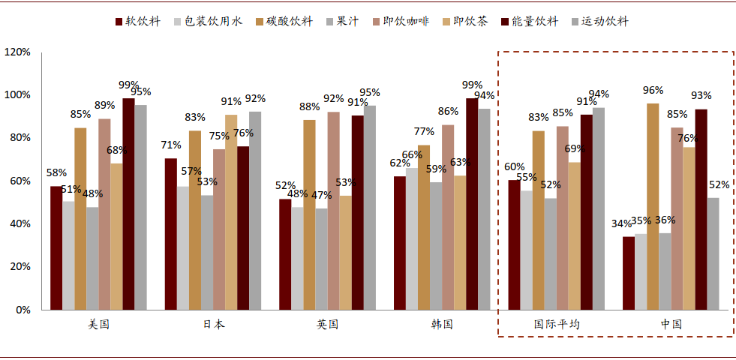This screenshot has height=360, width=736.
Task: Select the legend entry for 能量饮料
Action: (530, 21)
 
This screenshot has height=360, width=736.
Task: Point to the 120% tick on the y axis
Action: (17, 52)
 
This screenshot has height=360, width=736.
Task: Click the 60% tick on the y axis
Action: (20, 181)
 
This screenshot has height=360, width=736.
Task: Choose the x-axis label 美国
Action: (98, 325)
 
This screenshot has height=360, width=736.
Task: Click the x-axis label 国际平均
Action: (556, 325)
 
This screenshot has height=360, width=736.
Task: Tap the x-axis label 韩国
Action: (441, 325)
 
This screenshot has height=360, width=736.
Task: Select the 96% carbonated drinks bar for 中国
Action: (653, 206)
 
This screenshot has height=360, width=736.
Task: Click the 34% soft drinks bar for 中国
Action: (629, 273)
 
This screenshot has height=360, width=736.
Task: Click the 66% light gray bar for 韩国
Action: (412, 238)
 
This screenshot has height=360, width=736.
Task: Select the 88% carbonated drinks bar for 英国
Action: (309, 214)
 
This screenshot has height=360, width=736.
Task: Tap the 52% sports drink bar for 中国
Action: (713, 253)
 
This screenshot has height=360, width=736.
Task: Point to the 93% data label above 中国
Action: (701, 95)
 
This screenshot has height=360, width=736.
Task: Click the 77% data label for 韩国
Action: (424, 131)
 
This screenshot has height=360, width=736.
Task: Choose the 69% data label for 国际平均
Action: (575, 149)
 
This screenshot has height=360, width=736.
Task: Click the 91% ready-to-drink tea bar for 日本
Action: (231, 212)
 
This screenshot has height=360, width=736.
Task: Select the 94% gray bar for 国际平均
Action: (599, 208)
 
